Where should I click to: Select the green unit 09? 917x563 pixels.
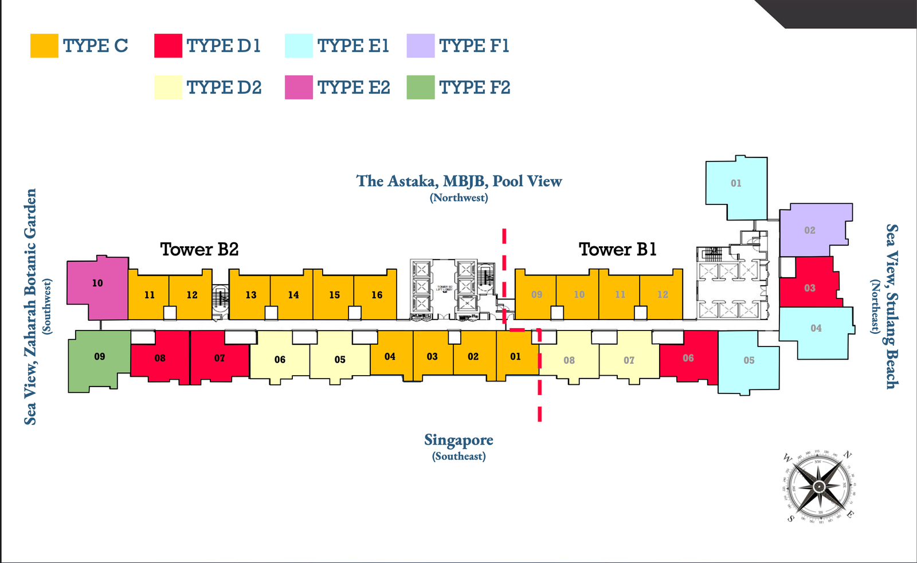coord(99,358)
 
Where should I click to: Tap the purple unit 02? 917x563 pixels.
coord(809,230)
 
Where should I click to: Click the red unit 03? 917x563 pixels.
coord(809,288)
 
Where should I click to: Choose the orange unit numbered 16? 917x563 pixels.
coord(376,294)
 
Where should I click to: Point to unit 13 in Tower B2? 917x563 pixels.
coord(250,294)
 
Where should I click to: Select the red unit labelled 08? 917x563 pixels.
coord(160,358)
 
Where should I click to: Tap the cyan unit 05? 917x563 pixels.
coord(749,360)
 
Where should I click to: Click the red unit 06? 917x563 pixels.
coord(688,358)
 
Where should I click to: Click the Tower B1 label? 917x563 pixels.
coord(617,249)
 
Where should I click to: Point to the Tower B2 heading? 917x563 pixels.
coord(199,249)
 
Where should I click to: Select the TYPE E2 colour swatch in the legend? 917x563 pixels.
coord(299,87)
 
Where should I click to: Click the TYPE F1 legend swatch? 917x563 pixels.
coord(421,46)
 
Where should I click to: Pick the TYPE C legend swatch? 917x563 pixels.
coord(44,46)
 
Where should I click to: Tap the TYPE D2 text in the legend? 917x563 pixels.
coord(224,88)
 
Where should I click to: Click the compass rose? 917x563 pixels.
coord(819,486)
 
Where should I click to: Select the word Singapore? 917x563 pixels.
coord(458,440)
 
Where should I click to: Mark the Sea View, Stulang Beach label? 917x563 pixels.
coord(891,306)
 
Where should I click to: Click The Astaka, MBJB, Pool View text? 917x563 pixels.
coord(459,181)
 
